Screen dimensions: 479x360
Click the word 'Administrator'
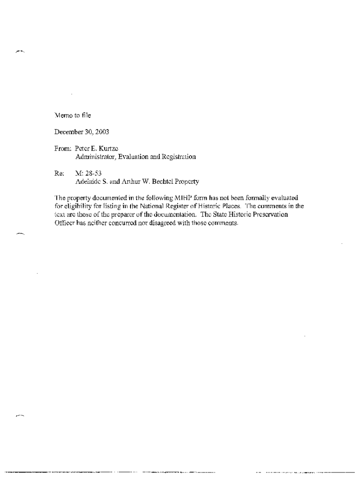(x=95, y=157)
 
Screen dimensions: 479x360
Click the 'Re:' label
(x=59, y=174)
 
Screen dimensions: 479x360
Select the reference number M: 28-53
(x=86, y=174)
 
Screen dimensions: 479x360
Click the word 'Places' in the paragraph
(x=228, y=206)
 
